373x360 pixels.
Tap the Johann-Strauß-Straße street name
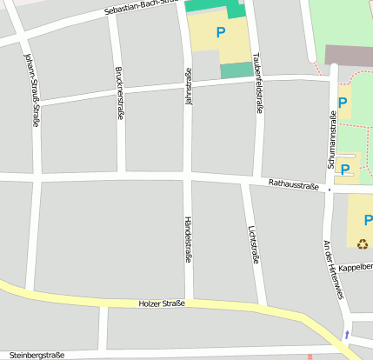[31, 90]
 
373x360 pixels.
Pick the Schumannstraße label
[332, 139]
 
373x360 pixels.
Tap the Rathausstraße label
[295, 184]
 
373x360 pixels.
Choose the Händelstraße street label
[187, 239]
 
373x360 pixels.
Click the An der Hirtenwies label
[334, 270]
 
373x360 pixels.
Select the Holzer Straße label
[162, 303]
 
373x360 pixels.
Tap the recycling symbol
[363, 243]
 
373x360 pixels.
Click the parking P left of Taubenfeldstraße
[220, 32]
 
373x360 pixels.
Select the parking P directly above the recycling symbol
[368, 220]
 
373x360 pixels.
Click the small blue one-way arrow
[348, 335]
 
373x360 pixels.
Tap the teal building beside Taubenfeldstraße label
[236, 70]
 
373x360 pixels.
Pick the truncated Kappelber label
[356, 267]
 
